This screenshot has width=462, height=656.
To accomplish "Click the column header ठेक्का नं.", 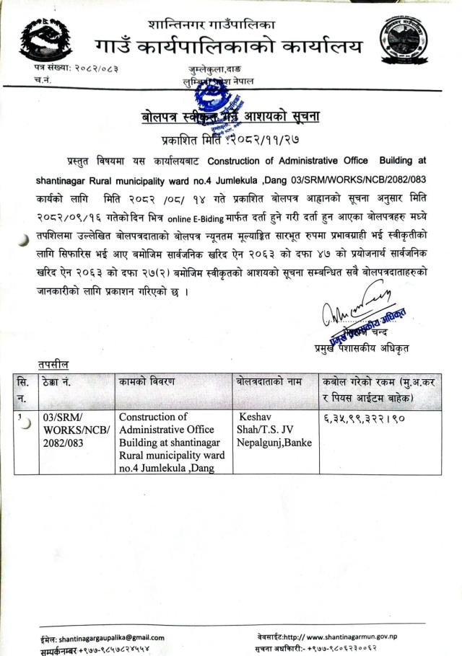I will point(61,381).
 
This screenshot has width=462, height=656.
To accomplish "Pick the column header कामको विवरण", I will point(147,381).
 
